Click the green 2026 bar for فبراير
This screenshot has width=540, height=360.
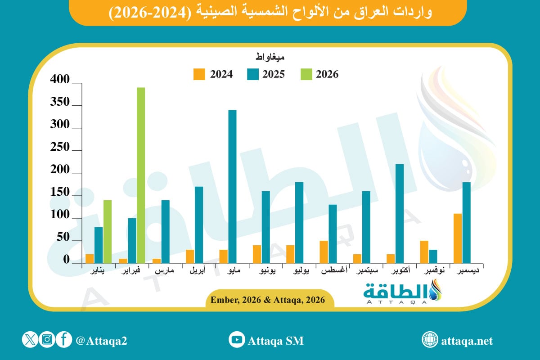(141, 175)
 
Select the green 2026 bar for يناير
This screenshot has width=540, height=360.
(108, 231)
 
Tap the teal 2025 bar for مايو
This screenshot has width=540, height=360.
(232, 186)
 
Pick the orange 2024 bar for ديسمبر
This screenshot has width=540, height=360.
(458, 238)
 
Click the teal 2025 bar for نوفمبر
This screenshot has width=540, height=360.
(433, 256)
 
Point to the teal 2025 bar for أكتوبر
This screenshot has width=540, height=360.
(400, 213)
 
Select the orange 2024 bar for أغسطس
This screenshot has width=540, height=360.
(324, 252)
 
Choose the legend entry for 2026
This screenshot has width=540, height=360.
(319, 74)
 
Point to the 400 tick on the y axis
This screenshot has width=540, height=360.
(60, 81)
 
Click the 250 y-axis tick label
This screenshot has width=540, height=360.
(60, 148)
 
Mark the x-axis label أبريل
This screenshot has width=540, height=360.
(199, 271)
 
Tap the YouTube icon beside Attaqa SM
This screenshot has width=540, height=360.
(236, 340)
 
